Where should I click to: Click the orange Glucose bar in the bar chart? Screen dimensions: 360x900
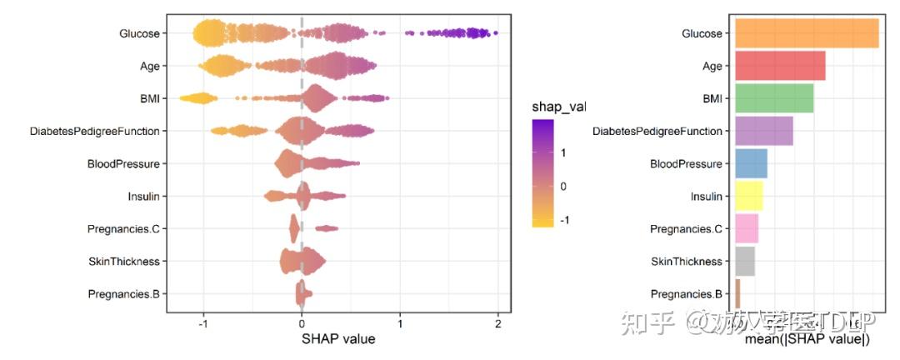(x=806, y=33)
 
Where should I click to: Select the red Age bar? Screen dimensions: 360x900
(x=780, y=66)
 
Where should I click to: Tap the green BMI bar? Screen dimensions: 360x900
(x=774, y=98)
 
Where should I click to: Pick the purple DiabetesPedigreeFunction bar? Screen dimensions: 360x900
(x=763, y=131)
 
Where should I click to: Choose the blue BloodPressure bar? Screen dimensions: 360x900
(x=751, y=163)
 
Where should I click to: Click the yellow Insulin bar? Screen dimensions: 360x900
(x=748, y=197)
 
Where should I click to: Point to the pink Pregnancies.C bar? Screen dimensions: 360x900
(x=747, y=229)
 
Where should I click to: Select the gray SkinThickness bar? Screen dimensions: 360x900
(x=745, y=262)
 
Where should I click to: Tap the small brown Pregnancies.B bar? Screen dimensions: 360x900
(x=737, y=294)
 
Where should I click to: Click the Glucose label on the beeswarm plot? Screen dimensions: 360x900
(x=139, y=33)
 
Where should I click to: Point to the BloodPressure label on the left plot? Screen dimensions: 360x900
(x=122, y=164)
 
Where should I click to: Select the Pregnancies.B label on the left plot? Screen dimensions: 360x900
(x=123, y=294)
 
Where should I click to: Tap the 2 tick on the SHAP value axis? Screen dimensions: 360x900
(x=497, y=323)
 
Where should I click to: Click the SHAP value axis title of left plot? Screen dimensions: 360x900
(x=337, y=339)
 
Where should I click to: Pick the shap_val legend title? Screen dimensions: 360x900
(x=559, y=107)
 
